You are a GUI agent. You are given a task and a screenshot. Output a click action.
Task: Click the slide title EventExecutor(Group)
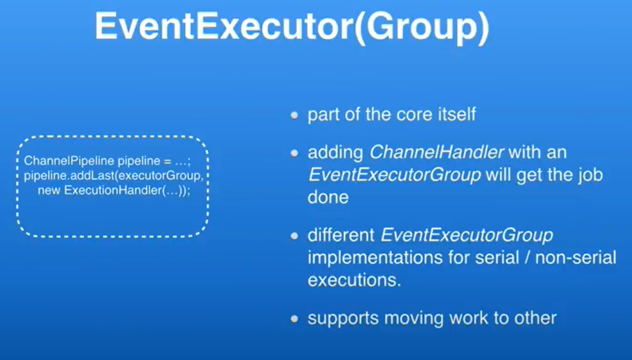pos(292,27)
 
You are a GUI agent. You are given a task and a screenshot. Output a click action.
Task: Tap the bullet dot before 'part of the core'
pos(295,116)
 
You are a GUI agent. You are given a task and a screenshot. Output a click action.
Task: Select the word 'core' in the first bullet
pos(410,115)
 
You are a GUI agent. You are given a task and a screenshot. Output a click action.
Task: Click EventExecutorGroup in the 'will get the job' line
pos(394,175)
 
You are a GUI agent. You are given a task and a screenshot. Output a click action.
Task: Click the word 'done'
pos(328,197)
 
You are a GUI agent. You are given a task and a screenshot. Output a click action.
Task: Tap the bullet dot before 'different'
pos(295,236)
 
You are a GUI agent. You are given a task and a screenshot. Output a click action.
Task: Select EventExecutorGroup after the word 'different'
pos(467,235)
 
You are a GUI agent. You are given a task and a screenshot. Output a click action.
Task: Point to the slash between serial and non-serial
pos(527,257)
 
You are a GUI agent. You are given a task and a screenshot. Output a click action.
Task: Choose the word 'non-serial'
pos(576,257)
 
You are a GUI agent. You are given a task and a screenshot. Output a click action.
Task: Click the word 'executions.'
pos(355,280)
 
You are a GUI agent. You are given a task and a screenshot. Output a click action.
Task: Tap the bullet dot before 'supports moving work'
pos(295,319)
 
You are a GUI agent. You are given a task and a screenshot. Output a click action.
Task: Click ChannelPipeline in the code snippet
pos(69,161)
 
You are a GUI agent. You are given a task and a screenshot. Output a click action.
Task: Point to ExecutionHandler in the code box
pos(113,190)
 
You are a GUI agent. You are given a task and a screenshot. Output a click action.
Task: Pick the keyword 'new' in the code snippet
pos(49,190)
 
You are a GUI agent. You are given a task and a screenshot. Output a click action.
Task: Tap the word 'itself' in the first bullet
pos(457,115)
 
